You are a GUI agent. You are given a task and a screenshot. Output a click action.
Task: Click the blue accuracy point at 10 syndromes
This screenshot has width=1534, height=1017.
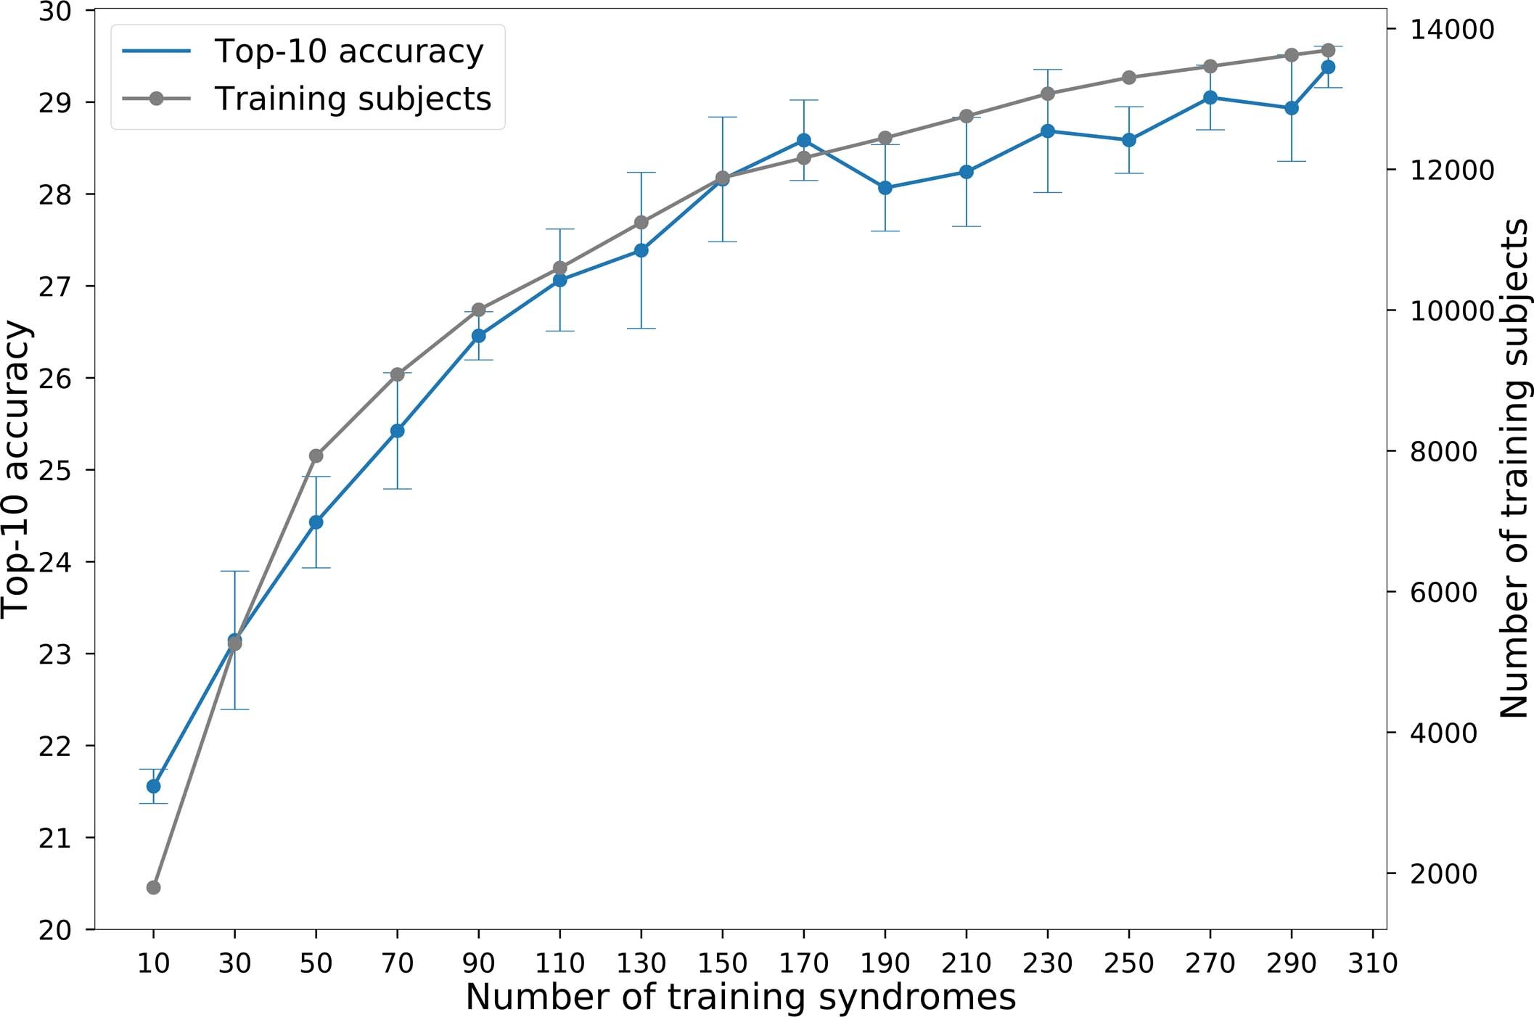coord(153,786)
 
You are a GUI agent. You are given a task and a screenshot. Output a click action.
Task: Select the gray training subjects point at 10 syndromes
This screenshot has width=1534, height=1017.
coord(153,888)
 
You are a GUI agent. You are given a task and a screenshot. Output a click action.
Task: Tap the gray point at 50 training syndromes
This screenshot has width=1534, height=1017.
coord(316,456)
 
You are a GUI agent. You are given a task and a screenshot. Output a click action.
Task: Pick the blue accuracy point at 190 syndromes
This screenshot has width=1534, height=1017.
coord(885,188)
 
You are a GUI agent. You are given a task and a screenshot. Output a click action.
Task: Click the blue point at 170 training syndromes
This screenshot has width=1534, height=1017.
coord(804,140)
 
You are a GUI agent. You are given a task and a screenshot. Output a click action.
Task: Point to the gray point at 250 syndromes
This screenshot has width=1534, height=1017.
coord(1129,78)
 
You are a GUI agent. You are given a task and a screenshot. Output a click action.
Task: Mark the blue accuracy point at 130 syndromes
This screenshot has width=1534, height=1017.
coord(641,250)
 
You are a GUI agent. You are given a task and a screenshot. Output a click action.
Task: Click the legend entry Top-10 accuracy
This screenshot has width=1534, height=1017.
coord(348,52)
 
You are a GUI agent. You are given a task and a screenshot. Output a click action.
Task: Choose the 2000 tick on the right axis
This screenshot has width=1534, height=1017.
coord(1443,874)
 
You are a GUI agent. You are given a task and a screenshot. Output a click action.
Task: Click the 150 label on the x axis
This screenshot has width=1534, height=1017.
coord(723,963)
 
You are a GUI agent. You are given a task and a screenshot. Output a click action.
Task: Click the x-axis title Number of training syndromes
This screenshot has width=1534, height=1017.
coord(740,997)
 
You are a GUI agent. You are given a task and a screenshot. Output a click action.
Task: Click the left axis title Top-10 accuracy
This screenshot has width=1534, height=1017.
coord(16,470)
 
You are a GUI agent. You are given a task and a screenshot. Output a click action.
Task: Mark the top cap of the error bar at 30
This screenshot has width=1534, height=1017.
coord(234,572)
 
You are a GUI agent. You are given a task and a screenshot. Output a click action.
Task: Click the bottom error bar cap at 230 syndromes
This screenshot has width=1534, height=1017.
coord(1048,192)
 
